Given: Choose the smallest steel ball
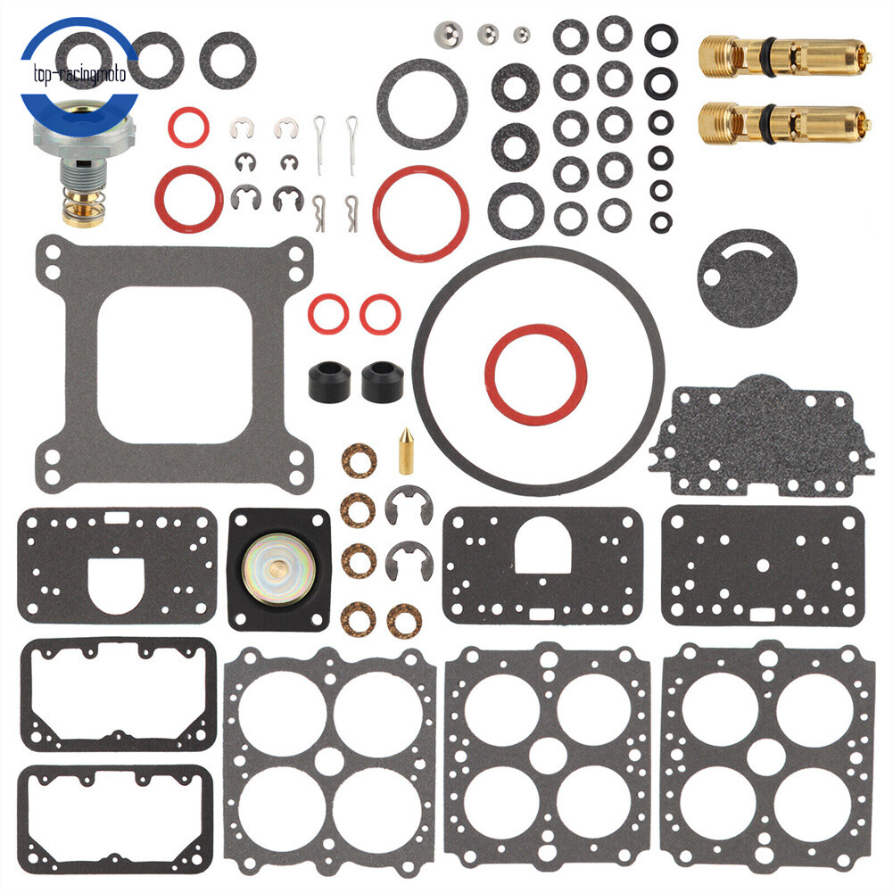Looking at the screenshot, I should point(520,36).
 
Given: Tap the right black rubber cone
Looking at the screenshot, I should point(382,381).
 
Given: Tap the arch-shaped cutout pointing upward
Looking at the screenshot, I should point(543,547).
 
